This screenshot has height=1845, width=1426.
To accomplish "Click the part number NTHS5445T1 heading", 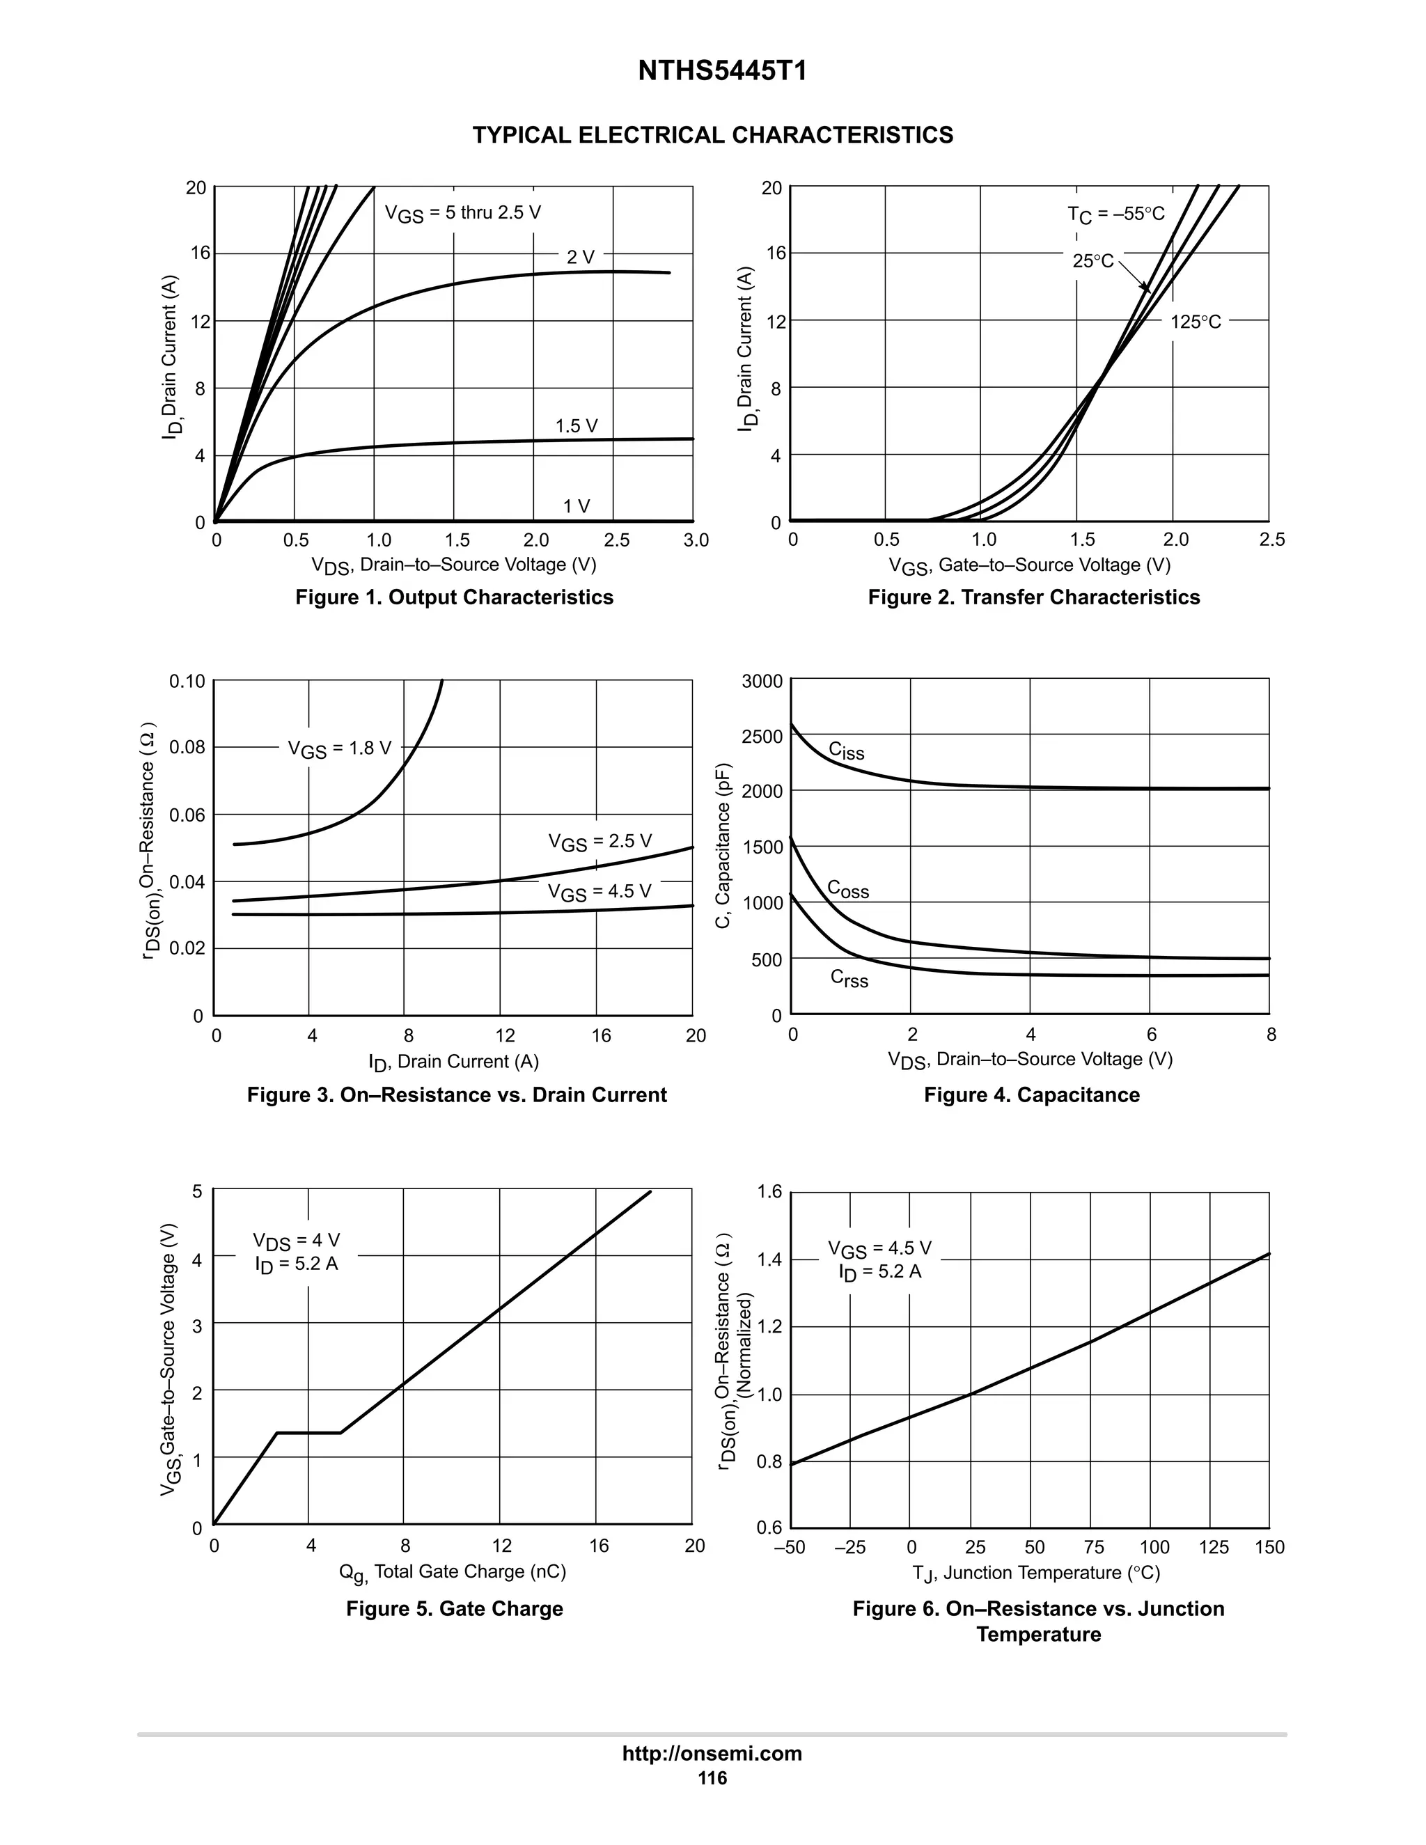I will [721, 71].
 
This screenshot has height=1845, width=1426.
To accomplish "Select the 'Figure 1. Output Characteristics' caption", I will [454, 597].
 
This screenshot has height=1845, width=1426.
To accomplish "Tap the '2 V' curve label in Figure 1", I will [581, 257].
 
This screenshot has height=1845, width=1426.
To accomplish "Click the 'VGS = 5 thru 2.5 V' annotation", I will [463, 214].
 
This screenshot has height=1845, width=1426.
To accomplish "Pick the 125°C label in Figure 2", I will [1196, 322].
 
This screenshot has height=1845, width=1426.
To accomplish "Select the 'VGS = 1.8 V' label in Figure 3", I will [340, 748].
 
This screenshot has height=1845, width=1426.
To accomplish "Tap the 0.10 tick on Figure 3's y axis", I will [187, 681].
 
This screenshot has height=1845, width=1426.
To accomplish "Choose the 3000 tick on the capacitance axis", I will [762, 681].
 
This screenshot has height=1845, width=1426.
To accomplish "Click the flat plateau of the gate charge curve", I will [308, 1432].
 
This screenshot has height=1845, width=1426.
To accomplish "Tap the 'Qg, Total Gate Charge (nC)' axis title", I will [452, 1571].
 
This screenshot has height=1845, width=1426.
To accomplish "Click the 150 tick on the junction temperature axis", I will [1269, 1547].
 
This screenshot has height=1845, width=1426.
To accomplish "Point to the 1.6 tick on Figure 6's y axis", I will [769, 1192].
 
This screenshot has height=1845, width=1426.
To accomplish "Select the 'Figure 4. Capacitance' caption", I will [1031, 1095].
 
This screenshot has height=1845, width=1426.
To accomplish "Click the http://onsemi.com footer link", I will [712, 1753].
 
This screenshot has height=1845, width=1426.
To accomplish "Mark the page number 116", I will [712, 1778].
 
